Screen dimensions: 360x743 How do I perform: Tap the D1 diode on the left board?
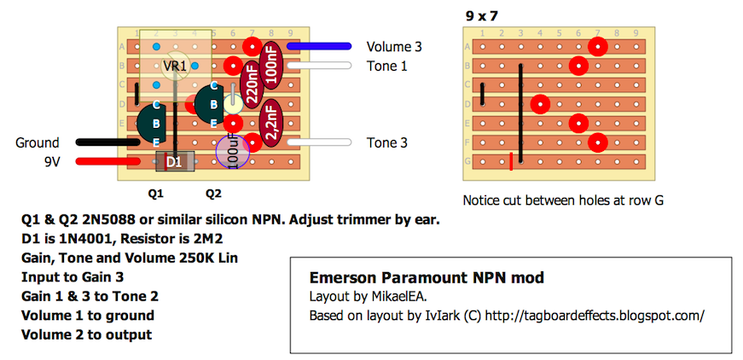173,161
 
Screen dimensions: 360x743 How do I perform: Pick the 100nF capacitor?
271,65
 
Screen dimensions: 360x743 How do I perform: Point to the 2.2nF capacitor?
271,124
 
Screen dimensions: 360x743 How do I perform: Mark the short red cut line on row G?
512,161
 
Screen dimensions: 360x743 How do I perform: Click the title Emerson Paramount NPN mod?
426,278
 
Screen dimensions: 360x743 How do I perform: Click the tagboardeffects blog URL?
602,315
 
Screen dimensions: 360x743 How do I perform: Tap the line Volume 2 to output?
86,334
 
